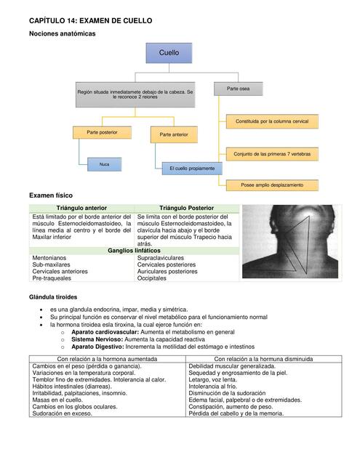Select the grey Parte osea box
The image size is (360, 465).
click(x=238, y=88)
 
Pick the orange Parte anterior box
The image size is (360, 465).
click(x=174, y=134)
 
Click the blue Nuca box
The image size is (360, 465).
click(x=104, y=164)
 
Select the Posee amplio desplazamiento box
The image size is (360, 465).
click(x=273, y=185)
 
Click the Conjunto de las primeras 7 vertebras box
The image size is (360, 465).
click(x=273, y=154)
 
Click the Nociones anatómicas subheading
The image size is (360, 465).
click(x=62, y=34)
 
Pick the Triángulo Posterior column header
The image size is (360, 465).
click(x=186, y=209)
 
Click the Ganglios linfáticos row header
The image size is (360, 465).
click(x=134, y=250)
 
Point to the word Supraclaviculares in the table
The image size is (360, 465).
click(x=161, y=258)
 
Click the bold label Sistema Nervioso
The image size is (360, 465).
click(x=97, y=339)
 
